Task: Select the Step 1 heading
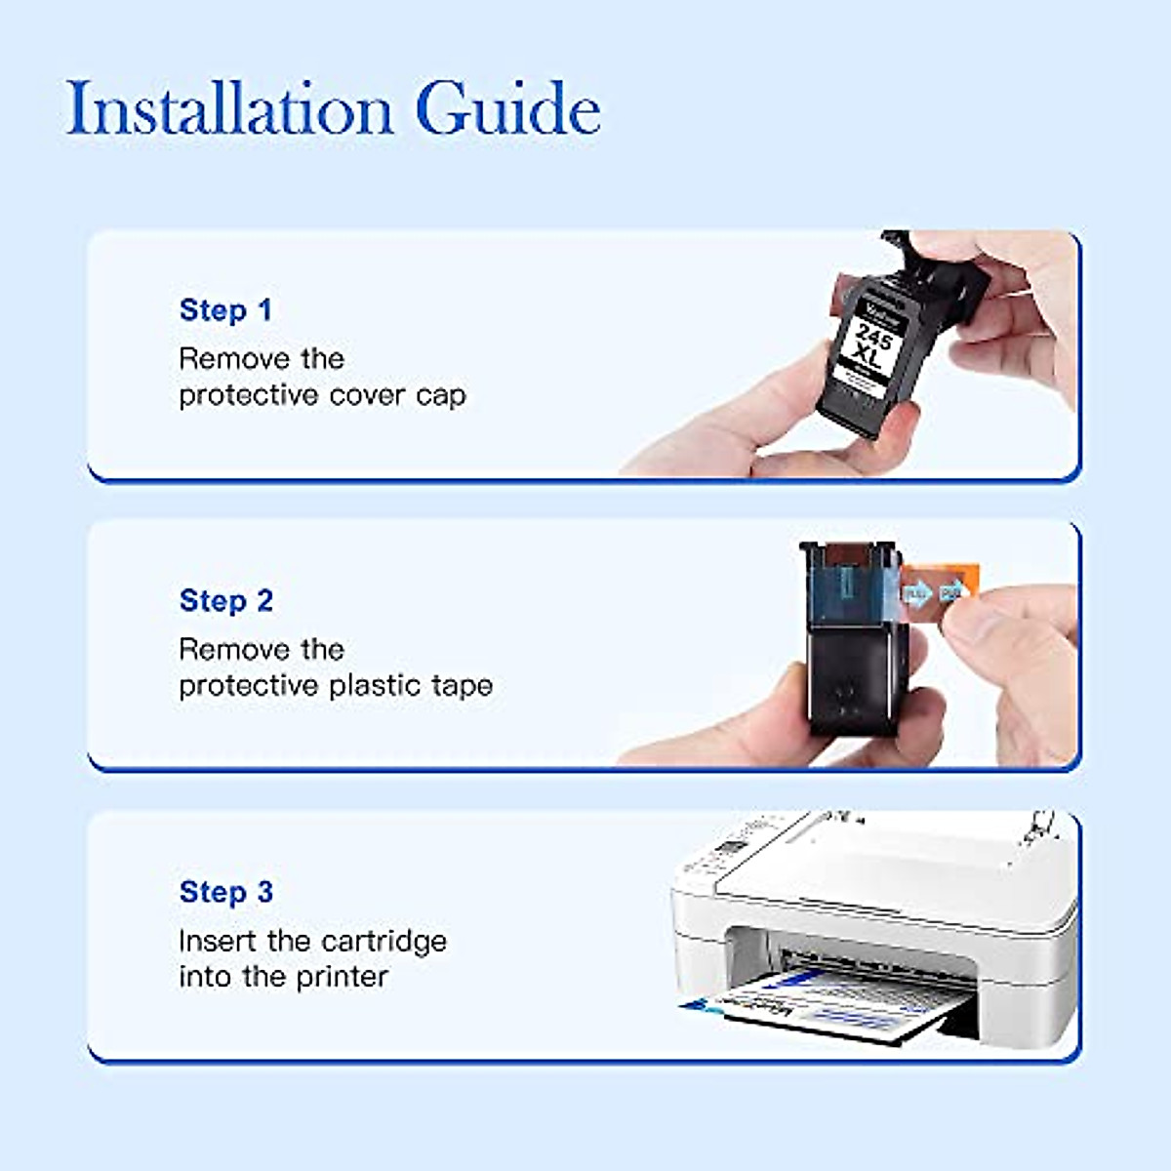coord(225,310)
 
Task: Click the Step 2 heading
coord(226,601)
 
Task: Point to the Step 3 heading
coord(226,892)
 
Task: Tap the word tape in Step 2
coord(462,686)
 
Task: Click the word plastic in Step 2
coord(376,686)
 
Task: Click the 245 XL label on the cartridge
coord(869,347)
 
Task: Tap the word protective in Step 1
coord(250,396)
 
